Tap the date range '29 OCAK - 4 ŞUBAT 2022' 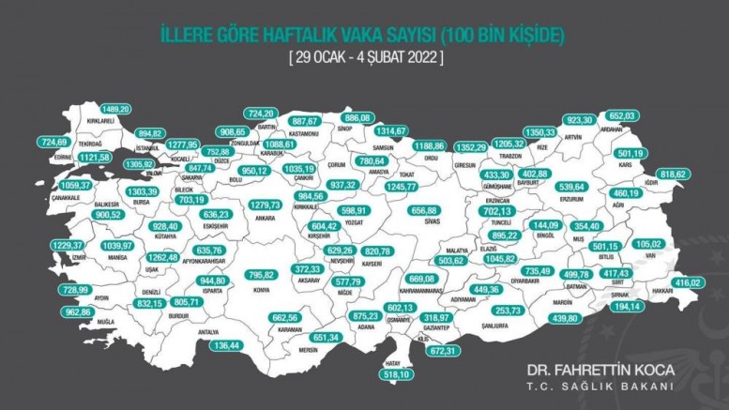click(x=365, y=56)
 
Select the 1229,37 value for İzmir click(x=50, y=245)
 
